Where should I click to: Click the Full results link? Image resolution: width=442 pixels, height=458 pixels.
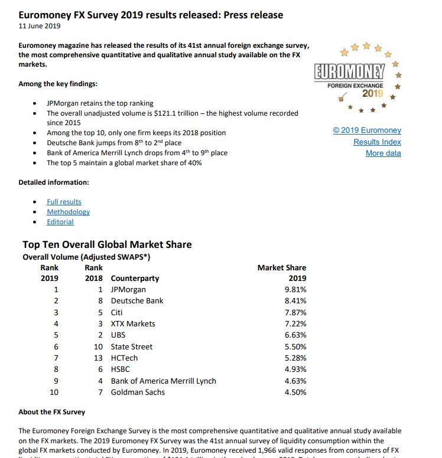[64, 202]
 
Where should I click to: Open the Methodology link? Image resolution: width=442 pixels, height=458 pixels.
[68, 212]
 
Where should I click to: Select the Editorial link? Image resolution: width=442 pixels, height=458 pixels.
[60, 222]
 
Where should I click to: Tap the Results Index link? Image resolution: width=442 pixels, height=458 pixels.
[377, 142]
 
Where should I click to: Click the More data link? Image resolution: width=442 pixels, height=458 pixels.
[383, 153]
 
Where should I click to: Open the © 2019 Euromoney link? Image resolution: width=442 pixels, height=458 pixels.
[367, 130]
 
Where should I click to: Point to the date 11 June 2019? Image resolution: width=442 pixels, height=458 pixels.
[40, 26]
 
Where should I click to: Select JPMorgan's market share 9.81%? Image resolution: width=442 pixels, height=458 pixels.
[295, 289]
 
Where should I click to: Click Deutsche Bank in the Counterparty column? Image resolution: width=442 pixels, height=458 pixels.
[137, 301]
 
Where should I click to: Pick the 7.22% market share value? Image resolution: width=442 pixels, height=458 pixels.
[295, 323]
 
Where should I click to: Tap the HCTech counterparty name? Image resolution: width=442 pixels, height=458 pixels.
[124, 358]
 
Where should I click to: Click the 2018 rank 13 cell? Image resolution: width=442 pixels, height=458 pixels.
[99, 358]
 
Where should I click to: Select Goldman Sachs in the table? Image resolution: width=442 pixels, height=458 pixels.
[138, 392]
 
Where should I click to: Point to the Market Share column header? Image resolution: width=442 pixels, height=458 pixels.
[282, 267]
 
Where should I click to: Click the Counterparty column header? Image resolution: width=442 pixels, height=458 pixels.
[135, 279]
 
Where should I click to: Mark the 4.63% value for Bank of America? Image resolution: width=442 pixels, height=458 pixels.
[295, 381]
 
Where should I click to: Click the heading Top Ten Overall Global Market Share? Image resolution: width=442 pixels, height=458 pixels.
[107, 244]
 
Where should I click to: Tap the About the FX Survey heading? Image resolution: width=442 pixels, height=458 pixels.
[52, 412]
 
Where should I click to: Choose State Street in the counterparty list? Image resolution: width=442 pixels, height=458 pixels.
[132, 346]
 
